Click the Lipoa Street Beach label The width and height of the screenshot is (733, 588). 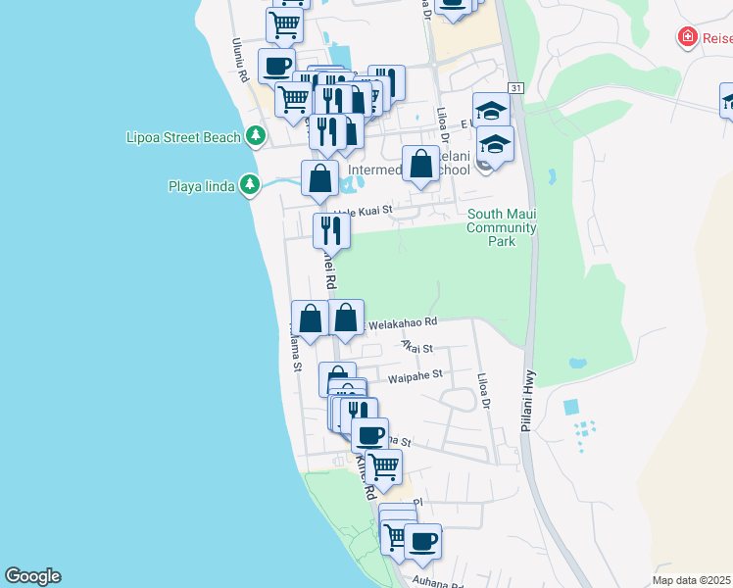click(x=183, y=137)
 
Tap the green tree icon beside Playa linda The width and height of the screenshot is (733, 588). click(x=250, y=184)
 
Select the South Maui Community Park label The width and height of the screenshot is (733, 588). click(x=501, y=227)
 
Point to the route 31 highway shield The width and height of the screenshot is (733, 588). click(x=516, y=88)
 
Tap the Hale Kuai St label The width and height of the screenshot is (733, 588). click(x=363, y=210)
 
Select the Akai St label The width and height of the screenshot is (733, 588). click(x=416, y=346)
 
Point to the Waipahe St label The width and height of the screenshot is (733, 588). click(x=415, y=373)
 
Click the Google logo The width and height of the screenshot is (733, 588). click(x=31, y=576)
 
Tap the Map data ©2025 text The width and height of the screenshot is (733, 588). click(x=692, y=580)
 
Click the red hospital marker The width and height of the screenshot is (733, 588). click(x=689, y=37)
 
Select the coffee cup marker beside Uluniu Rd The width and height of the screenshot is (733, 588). click(x=275, y=66)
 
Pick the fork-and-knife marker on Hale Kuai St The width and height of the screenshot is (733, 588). click(x=331, y=230)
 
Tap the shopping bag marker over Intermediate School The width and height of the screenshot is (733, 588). click(x=421, y=164)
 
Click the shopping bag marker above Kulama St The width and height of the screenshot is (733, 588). click(x=311, y=318)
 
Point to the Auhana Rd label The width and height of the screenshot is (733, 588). click(x=442, y=583)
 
